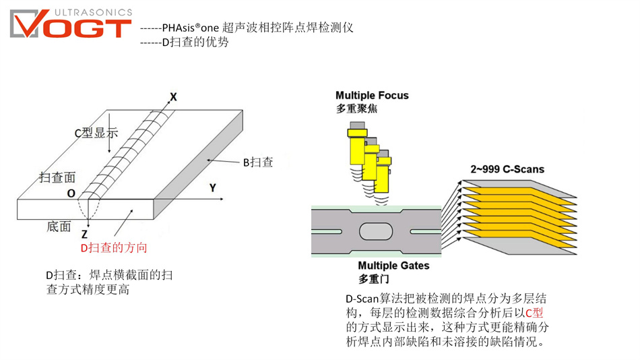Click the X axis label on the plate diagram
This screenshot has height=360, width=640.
(x=173, y=97)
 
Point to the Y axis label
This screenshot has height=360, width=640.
(x=212, y=188)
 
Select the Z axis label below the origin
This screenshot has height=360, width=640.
(x=84, y=235)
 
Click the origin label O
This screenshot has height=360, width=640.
(x=71, y=193)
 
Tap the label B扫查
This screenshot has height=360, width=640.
(x=258, y=162)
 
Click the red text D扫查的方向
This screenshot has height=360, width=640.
(x=114, y=247)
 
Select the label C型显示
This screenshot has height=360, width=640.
(x=96, y=133)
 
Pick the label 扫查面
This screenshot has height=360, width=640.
(x=57, y=177)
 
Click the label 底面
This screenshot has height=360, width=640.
(x=59, y=227)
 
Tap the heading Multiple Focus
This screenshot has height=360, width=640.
(x=372, y=95)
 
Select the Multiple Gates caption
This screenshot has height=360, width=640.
(x=393, y=266)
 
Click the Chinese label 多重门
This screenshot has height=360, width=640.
(x=373, y=278)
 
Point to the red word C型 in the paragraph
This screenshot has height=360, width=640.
(x=534, y=312)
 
